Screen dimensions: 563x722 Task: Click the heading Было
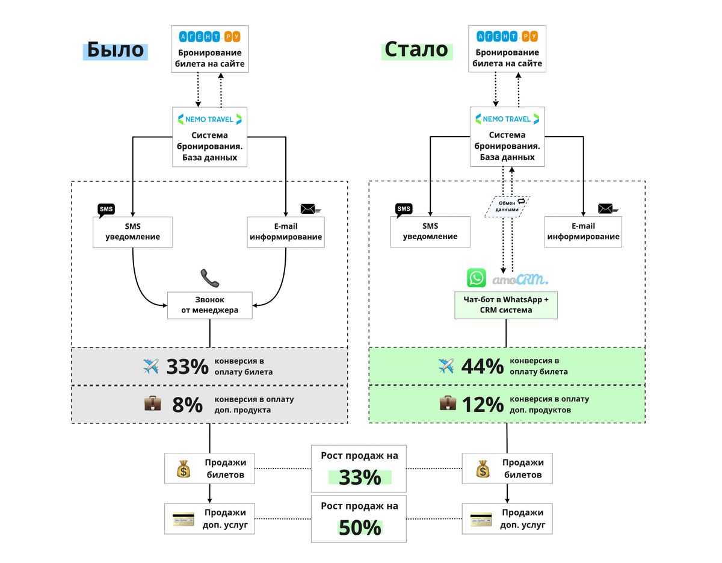click(x=116, y=49)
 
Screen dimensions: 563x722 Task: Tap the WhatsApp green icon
click(x=477, y=278)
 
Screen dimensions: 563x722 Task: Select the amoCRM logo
click(x=520, y=279)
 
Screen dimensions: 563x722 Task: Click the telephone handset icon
click(x=210, y=278)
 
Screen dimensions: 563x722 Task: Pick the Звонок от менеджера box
click(x=210, y=305)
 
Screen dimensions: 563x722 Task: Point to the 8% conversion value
click(x=188, y=405)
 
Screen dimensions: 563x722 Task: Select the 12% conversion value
click(x=483, y=405)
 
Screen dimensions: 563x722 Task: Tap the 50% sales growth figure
click(x=360, y=527)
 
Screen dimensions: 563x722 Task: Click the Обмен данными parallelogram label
click(x=507, y=207)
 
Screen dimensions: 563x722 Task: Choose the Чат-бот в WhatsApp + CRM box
click(x=506, y=305)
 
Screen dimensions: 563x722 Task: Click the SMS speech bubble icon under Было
click(x=106, y=210)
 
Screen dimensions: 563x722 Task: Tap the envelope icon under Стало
click(x=606, y=209)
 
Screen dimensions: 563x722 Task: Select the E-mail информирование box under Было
click(x=286, y=232)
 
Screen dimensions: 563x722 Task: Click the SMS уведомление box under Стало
click(x=430, y=232)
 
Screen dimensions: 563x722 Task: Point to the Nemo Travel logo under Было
click(x=210, y=119)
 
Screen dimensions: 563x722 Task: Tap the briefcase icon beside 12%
click(x=448, y=403)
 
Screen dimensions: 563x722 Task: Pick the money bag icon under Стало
click(x=482, y=469)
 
